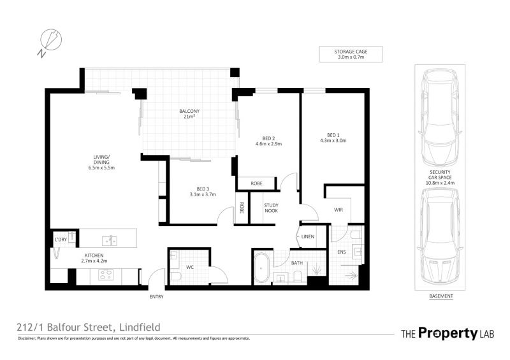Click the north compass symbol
coord(50,41)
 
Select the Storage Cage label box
coord(351,54)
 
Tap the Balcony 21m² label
coord(189,113)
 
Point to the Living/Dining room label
coord(101,162)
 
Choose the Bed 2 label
coord(268,141)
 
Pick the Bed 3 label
coord(203,192)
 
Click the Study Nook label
coord(272,208)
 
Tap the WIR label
coord(339,210)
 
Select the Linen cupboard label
coord(308,236)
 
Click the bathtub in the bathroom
coord(261,268)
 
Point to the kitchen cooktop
coord(106,275)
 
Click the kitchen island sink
coord(110,241)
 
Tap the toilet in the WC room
coord(177,277)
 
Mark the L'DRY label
coord(61,240)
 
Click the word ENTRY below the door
coord(156,296)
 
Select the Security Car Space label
coord(440,178)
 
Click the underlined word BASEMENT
coord(441,296)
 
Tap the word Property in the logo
coord(448,333)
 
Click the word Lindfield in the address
coord(140,327)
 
